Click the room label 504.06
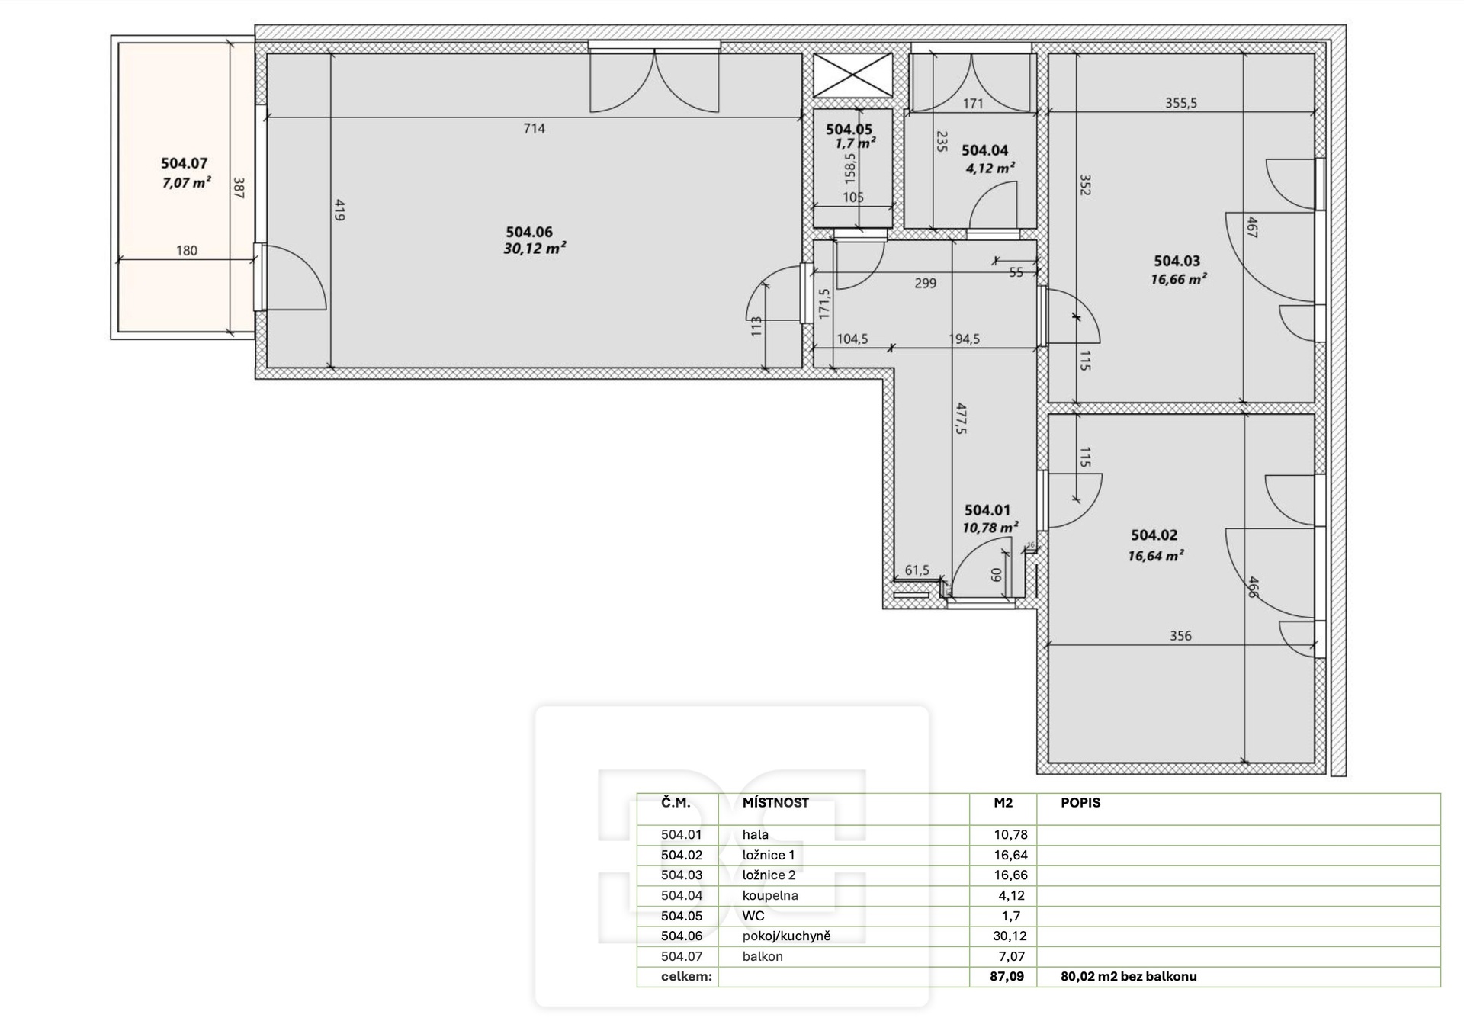[x=529, y=232]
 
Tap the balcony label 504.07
[x=184, y=163]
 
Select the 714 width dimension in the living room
[x=534, y=128]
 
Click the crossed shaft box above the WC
[x=852, y=75]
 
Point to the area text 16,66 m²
[x=1178, y=279]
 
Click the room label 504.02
[x=1154, y=535]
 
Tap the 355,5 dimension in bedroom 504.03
[x=1180, y=103]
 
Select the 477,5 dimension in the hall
[x=961, y=419]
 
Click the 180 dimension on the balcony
[x=186, y=250]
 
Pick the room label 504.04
[x=984, y=151]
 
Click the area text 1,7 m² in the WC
[x=855, y=143]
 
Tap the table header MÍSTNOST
[x=775, y=802]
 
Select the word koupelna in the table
[x=770, y=895]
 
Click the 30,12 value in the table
[x=1010, y=936]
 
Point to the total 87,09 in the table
[x=1007, y=976]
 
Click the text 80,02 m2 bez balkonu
[x=1128, y=976]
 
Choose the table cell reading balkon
[x=762, y=956]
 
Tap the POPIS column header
[x=1080, y=802]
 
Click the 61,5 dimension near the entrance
[x=917, y=570]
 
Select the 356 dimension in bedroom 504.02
[x=1180, y=635]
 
